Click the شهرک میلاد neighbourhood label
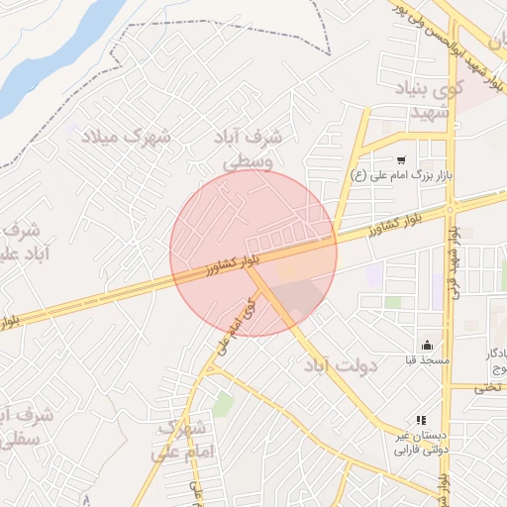click(x=125, y=137)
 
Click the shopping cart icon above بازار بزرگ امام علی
click(x=401, y=160)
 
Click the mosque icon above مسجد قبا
click(x=427, y=346)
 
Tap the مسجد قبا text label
click(x=427, y=360)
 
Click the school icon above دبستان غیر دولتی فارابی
click(x=420, y=421)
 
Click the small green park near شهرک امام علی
click(x=224, y=404)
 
